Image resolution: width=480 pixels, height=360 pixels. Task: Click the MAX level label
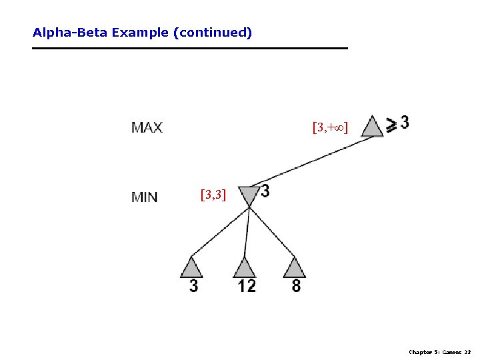[147, 127]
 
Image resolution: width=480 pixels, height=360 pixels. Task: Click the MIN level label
[145, 197]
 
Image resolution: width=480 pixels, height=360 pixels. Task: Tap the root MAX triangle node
[372, 127]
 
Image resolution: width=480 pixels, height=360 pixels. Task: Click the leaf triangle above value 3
[192, 267]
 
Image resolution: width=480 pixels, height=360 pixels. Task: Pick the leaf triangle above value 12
[244, 267]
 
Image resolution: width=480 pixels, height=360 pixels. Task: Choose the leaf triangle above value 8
[294, 267]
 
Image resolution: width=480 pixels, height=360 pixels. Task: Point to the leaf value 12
[246, 286]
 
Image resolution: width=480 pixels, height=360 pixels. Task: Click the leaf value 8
[296, 286]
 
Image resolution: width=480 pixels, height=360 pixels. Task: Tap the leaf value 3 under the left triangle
[193, 286]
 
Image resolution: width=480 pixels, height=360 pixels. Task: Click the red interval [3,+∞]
[330, 126]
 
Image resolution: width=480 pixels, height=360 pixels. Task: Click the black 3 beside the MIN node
[265, 191]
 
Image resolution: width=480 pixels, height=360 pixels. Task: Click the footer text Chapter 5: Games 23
[439, 352]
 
